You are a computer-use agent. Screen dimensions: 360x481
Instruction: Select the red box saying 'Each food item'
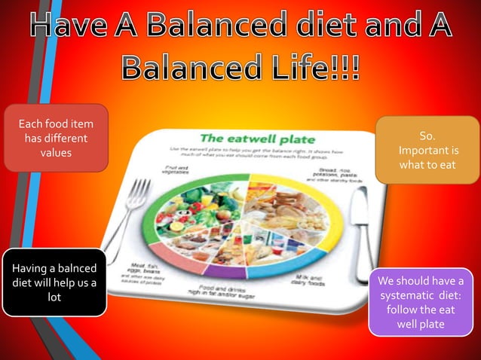tap(56, 138)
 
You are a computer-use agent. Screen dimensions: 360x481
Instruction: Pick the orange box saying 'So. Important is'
tap(427, 150)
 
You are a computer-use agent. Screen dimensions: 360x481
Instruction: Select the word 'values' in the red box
tap(56, 153)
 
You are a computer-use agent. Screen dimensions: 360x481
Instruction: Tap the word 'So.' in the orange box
tap(427, 136)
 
